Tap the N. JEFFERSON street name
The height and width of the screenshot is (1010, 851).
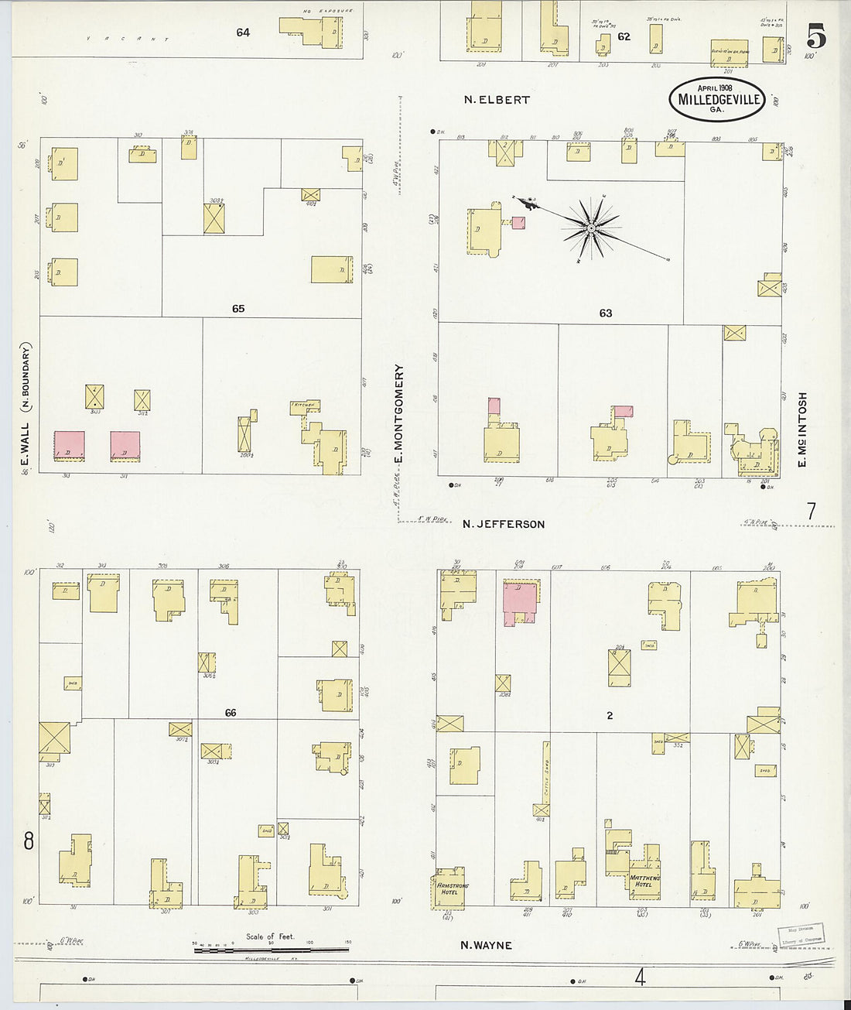504,524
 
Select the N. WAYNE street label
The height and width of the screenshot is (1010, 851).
486,944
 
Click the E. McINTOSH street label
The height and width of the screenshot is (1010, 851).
802,430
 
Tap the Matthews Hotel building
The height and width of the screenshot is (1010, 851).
644,880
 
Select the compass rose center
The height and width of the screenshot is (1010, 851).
591,228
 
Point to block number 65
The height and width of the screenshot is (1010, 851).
238,309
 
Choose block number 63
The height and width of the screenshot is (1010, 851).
605,313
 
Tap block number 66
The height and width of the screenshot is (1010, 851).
230,713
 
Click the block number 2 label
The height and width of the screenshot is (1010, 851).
610,716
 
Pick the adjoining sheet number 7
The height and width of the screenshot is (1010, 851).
811,512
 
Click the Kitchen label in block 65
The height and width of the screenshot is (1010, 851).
302,406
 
